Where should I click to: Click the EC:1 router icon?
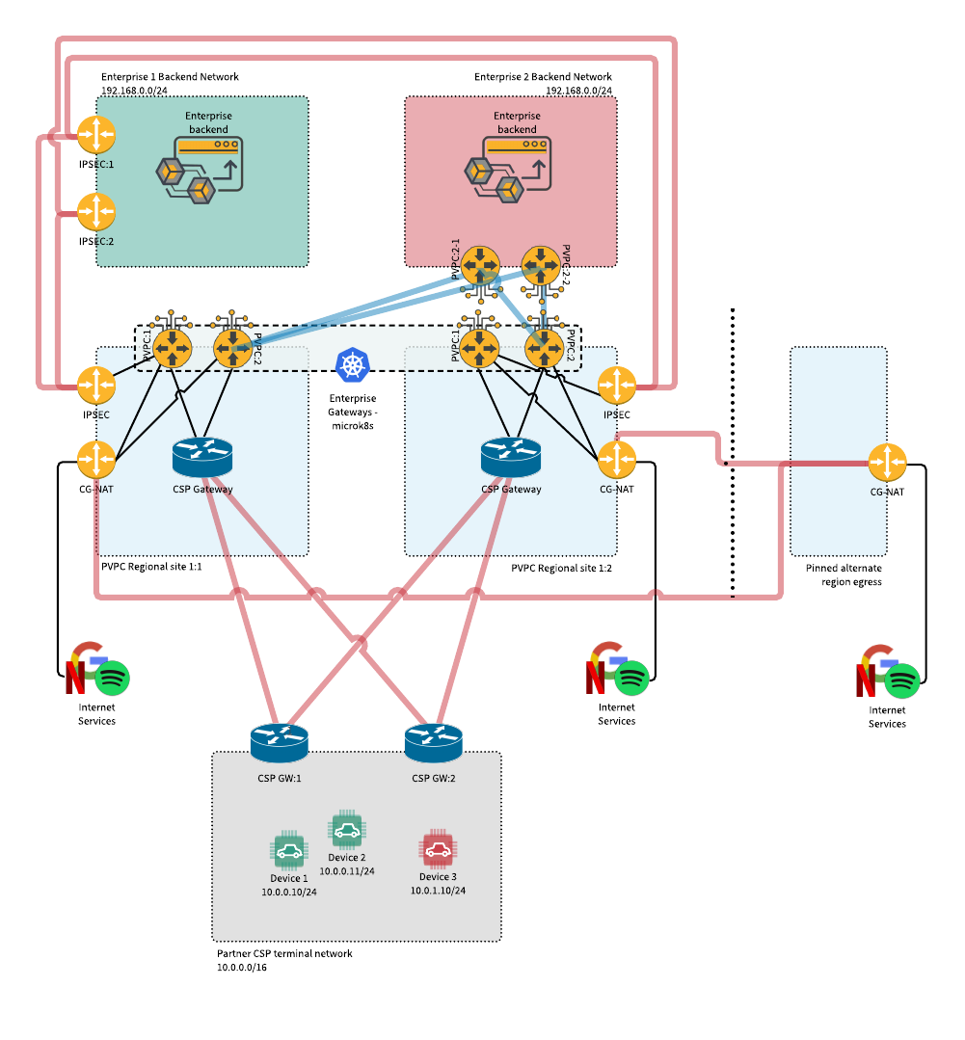(96, 135)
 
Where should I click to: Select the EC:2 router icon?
(96, 212)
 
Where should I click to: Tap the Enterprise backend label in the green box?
(208, 122)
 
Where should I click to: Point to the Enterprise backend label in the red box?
(517, 122)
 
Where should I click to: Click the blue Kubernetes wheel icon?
(354, 364)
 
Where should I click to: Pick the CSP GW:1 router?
(279, 742)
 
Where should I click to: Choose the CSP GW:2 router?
(433, 742)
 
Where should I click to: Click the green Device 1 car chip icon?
(288, 851)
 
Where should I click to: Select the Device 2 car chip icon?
(347, 830)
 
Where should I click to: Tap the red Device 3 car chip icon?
(438, 849)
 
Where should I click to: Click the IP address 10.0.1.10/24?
(438, 891)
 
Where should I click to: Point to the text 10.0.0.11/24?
(347, 871)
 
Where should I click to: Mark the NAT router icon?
(96, 460)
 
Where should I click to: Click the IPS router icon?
(617, 386)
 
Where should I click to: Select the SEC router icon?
(96, 386)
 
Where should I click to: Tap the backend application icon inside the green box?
(201, 170)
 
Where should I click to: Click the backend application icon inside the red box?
(509, 170)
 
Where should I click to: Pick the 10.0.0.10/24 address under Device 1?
(289, 893)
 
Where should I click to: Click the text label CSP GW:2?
(434, 779)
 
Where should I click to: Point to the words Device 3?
(438, 877)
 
